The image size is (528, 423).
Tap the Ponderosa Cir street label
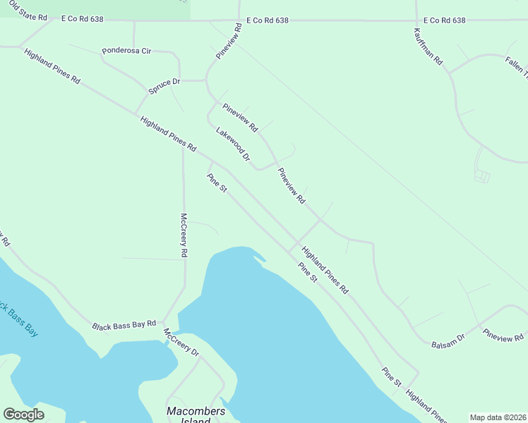[x=127, y=51]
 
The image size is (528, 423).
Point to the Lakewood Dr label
[x=234, y=144]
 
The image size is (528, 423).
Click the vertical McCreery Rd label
[x=184, y=235]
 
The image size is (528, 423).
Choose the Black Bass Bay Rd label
[x=124, y=325]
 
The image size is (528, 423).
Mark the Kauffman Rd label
[x=428, y=47]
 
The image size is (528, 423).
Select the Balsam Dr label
[x=449, y=338]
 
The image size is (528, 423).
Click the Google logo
[x=23, y=414]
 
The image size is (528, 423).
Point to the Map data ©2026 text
[x=498, y=417]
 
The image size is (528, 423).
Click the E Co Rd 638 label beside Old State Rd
[x=82, y=19]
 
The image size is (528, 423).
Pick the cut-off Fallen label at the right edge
[x=516, y=68]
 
